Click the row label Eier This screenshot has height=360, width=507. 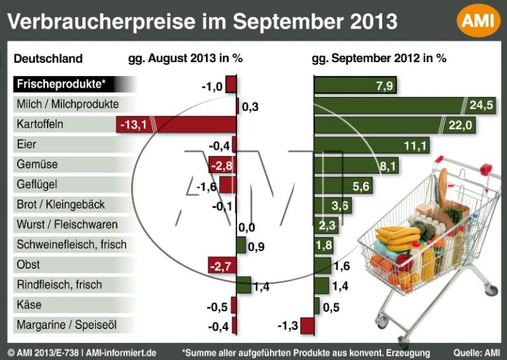[26, 144]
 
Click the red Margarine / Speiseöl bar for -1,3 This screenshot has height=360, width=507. [308, 326]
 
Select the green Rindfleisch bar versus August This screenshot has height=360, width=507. [244, 285]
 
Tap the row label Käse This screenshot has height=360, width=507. [27, 305]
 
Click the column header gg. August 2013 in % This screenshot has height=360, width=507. [186, 58]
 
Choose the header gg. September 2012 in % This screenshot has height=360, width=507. [379, 58]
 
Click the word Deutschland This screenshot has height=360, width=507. [48, 58]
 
